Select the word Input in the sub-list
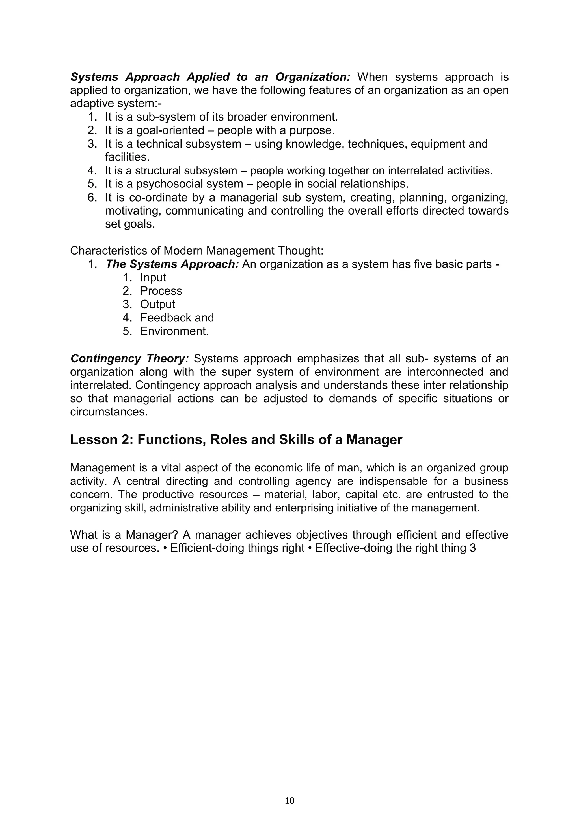coord(153,277)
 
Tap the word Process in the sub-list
coord(161,291)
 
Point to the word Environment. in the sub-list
coord(174,331)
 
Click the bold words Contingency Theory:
coord(129,358)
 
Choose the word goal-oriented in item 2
coord(170,130)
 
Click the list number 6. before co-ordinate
coord(92,197)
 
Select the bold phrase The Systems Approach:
coord(172,264)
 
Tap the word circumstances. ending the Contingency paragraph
coord(109,412)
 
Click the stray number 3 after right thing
coord(473,548)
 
